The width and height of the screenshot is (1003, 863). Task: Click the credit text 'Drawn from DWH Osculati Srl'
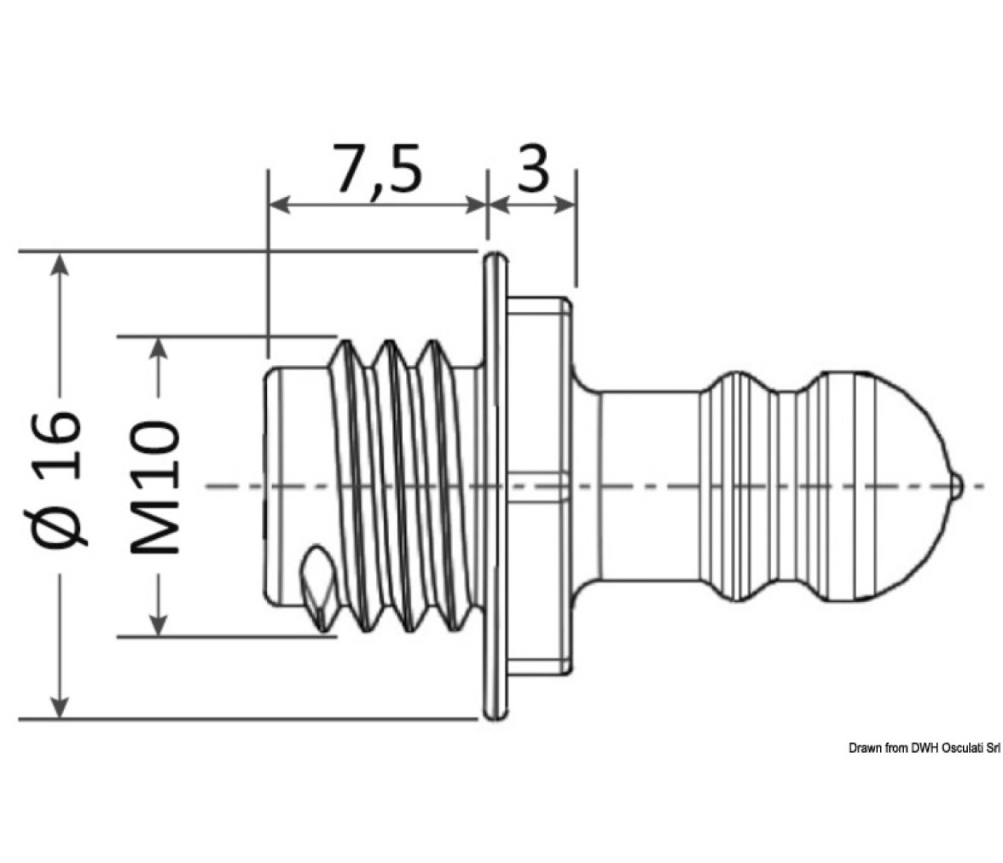pyautogui.click(x=925, y=748)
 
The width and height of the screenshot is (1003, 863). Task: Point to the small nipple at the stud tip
pyautogui.click(x=955, y=485)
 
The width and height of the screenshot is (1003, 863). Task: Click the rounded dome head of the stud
pyautogui.click(x=883, y=485)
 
